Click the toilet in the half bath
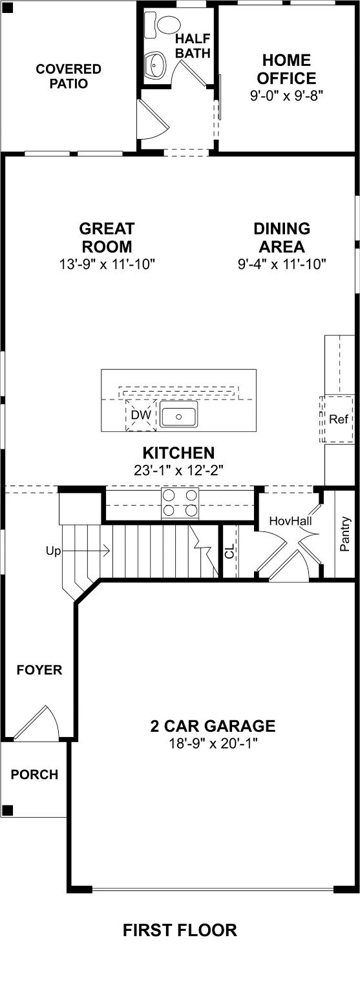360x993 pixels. (x=163, y=25)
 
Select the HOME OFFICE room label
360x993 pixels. (x=286, y=69)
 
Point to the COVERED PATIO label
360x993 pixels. (x=69, y=76)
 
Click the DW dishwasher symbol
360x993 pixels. (x=140, y=415)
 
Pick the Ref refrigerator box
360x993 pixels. (x=339, y=419)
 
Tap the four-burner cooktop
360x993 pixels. (x=180, y=502)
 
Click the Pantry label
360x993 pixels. (x=345, y=533)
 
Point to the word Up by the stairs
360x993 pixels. (x=53, y=551)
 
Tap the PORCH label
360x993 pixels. (x=34, y=774)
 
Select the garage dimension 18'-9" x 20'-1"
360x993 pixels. (x=213, y=743)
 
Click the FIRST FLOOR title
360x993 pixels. (x=180, y=930)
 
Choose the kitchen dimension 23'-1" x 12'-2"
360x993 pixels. (x=178, y=471)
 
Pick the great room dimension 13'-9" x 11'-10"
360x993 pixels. (x=107, y=264)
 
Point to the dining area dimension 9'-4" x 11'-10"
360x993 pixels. (x=281, y=264)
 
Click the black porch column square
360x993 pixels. (x=7, y=810)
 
